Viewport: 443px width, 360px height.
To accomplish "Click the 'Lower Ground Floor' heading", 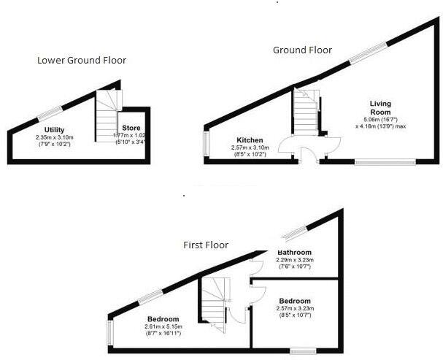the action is coord(82,60).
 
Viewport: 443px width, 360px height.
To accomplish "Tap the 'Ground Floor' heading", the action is coord(302,50).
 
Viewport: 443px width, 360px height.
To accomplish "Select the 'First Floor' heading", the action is coord(206,245).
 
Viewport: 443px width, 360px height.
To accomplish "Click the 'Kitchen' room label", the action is coord(250,140).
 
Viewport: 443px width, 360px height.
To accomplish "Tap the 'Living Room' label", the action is coord(380,108).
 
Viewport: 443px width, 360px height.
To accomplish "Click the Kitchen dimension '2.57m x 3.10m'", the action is coord(250,148).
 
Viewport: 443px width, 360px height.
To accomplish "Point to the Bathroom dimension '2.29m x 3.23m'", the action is coord(294,260).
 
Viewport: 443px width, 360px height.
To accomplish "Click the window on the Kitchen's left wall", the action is coord(205,144).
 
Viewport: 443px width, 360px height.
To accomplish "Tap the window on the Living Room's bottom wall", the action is coord(385,162).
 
